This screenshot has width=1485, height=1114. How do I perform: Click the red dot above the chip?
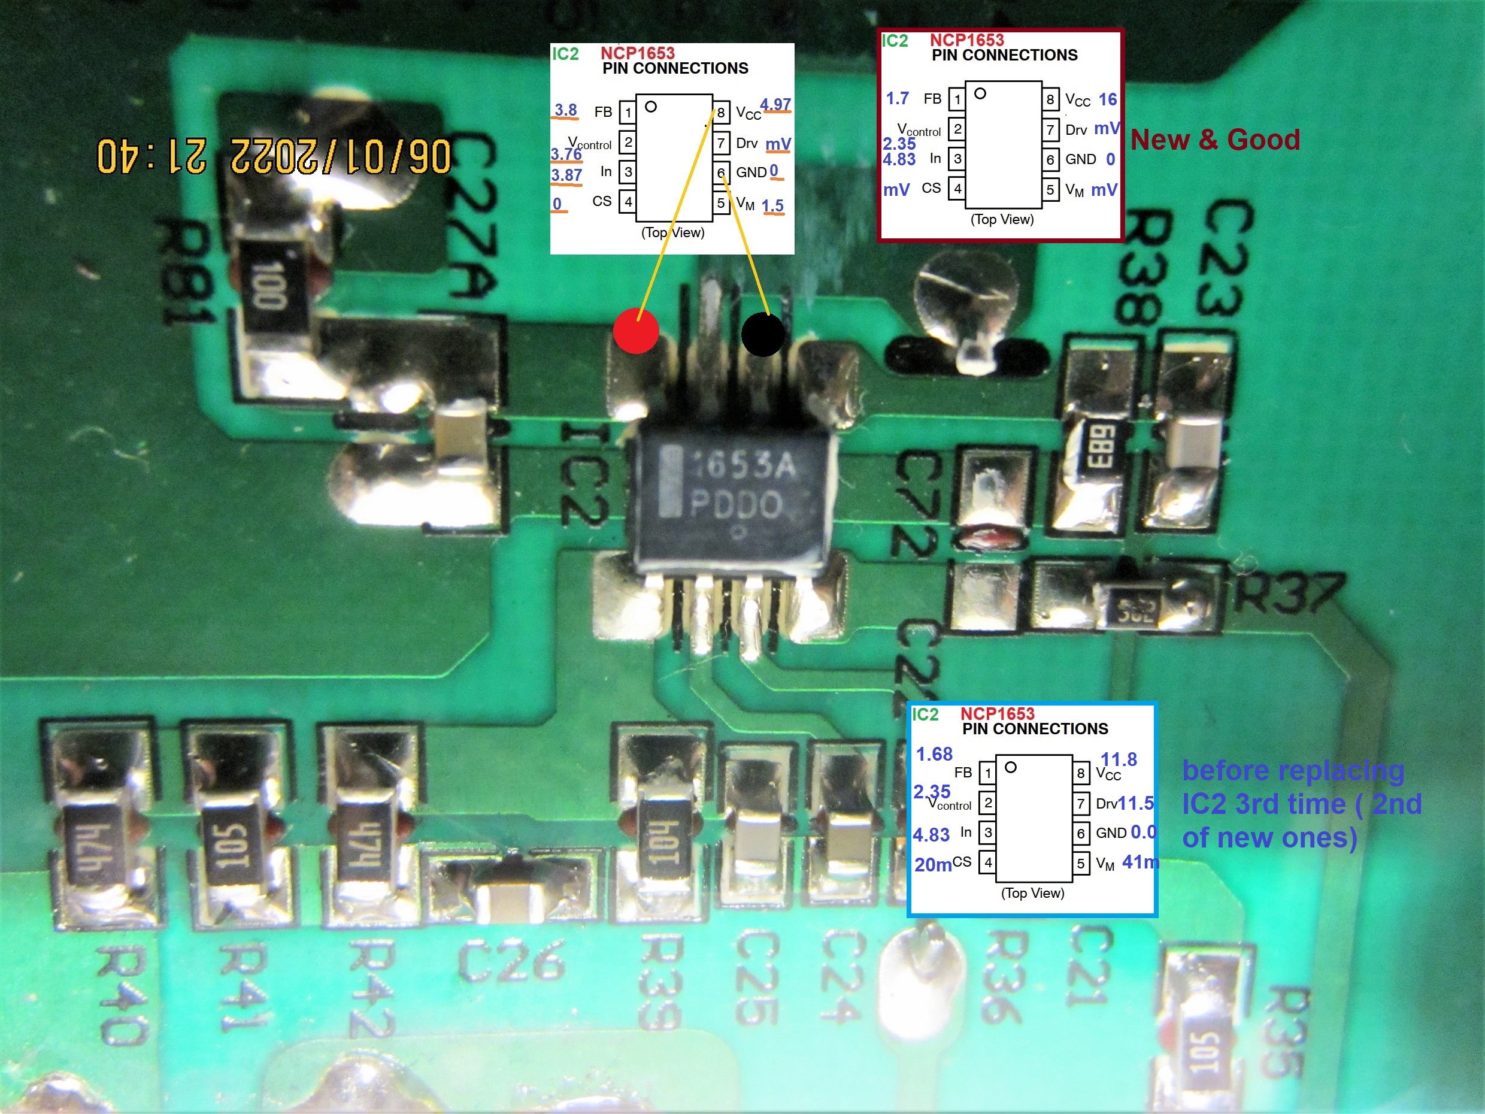[636, 331]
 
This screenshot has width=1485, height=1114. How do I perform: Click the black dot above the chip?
[763, 334]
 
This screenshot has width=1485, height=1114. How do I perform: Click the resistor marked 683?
[1097, 447]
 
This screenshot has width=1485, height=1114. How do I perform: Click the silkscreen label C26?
[511, 961]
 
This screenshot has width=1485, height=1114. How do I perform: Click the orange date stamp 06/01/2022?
[339, 156]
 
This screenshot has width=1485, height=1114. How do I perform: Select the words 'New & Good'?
[1215, 140]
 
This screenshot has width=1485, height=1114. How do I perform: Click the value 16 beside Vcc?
[1107, 99]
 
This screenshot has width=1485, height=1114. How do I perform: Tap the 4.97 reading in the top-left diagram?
[775, 104]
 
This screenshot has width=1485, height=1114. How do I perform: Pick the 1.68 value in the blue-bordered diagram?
[934, 754]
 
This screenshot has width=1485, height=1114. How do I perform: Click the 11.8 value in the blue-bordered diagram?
[1119, 759]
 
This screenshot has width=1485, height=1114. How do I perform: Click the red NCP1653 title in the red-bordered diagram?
[966, 40]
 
